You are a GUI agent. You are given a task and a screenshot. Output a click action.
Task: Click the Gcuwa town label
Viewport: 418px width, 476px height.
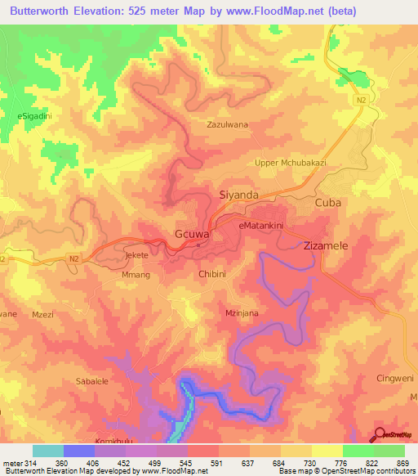(x=193, y=234)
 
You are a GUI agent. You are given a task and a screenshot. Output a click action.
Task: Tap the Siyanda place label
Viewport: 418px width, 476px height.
(x=239, y=195)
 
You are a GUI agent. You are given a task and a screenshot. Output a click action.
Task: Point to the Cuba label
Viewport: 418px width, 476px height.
(x=327, y=202)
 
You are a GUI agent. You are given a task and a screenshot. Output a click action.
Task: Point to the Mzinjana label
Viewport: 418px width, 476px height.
(x=242, y=313)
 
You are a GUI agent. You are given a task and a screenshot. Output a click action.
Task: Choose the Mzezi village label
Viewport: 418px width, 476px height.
(x=42, y=313)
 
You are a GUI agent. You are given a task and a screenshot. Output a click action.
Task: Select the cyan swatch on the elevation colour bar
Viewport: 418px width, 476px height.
(x=48, y=451)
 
